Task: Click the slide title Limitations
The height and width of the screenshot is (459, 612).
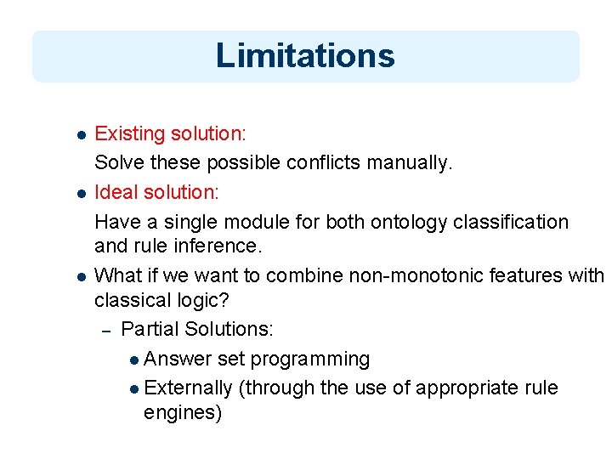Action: [x=305, y=55]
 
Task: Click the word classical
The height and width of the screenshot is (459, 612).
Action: [x=132, y=300]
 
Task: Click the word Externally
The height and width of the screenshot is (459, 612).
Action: [x=189, y=388]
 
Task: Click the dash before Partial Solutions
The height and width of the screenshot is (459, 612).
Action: [x=106, y=330]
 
